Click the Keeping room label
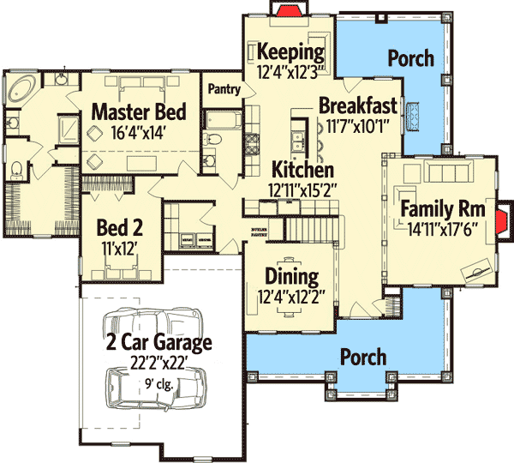click(x=291, y=50)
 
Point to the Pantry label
click(x=224, y=87)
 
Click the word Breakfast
click(x=357, y=105)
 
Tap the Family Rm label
click(x=443, y=209)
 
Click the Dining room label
click(x=291, y=277)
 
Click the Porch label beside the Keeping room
click(x=410, y=58)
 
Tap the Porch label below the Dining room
click(x=363, y=356)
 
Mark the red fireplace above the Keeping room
click(x=283, y=9)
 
